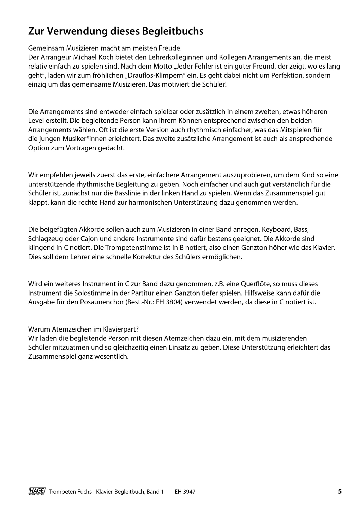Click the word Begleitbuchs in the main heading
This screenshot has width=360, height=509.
(x=172, y=31)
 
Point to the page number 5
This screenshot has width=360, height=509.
(x=340, y=491)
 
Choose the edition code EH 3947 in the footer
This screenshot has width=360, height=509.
(x=185, y=492)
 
